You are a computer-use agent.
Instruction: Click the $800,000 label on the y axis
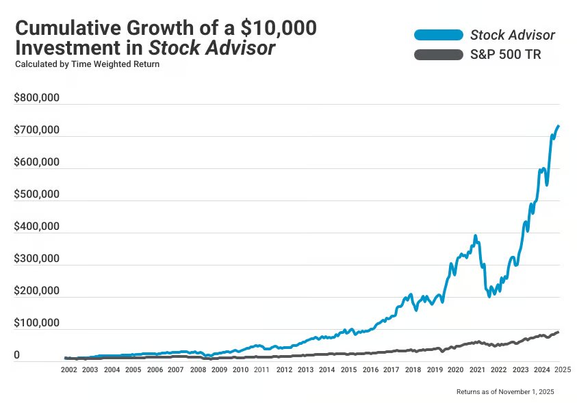tap(37, 98)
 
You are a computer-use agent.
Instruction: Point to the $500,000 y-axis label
tap(37, 195)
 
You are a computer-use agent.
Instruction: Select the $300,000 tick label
tap(37, 259)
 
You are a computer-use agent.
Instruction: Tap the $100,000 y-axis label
tap(37, 324)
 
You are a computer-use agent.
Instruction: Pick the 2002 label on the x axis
tap(68, 369)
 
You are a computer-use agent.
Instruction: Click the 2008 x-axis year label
tap(197, 369)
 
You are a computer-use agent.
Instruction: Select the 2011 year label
tap(261, 369)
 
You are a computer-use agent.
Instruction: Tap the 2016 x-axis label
tap(370, 369)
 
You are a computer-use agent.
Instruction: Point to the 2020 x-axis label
tap(455, 369)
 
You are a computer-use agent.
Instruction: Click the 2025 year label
tap(563, 369)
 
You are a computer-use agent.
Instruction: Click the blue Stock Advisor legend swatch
tap(438, 35)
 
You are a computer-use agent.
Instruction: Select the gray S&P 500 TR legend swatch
tap(438, 55)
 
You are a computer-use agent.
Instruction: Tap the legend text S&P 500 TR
tap(505, 55)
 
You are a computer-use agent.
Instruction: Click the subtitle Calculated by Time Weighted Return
tap(87, 64)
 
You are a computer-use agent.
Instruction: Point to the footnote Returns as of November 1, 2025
tap(505, 391)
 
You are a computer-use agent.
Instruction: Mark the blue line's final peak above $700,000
tap(558, 126)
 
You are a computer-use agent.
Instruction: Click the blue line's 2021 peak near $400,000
tap(475, 236)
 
